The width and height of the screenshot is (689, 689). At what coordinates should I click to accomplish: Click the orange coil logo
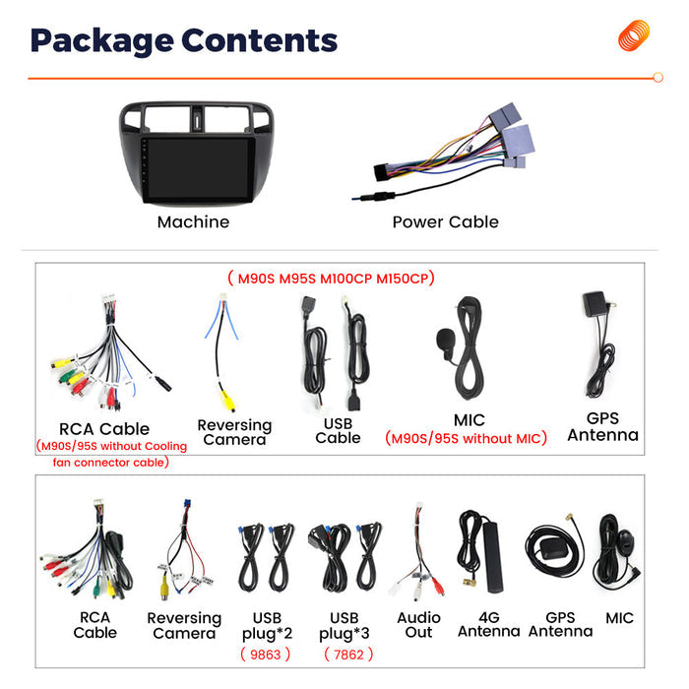click(x=634, y=35)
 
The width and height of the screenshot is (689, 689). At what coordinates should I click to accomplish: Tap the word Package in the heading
click(x=102, y=41)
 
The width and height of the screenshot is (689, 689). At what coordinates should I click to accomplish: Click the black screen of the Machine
click(x=200, y=168)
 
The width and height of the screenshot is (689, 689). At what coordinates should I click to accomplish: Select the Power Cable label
click(x=445, y=221)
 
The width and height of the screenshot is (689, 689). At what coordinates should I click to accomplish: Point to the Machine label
click(x=193, y=221)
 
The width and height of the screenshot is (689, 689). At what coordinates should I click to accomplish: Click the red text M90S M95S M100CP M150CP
click(x=332, y=279)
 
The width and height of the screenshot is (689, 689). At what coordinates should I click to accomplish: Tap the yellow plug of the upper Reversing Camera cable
click(x=227, y=401)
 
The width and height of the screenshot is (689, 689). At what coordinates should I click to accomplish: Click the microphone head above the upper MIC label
click(x=445, y=340)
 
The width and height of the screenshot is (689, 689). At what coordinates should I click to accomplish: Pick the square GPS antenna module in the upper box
click(x=595, y=303)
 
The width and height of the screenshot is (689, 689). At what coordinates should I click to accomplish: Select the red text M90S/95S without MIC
click(x=466, y=438)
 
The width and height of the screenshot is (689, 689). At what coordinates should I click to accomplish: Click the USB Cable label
click(x=338, y=431)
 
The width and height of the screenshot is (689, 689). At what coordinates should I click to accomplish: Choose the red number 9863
click(x=266, y=655)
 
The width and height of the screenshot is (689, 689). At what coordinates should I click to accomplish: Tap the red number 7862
click(x=348, y=655)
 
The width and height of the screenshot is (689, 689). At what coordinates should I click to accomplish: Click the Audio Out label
click(x=418, y=624)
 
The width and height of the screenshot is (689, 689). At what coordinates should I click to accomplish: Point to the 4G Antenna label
click(x=488, y=624)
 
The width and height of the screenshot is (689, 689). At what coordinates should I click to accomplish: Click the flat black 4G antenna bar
click(x=492, y=557)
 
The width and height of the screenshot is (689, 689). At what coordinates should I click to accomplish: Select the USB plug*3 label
click(x=344, y=626)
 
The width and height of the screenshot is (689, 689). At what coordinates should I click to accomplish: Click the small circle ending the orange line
click(x=658, y=78)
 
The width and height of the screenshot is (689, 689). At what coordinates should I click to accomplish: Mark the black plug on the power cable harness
click(x=382, y=172)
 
